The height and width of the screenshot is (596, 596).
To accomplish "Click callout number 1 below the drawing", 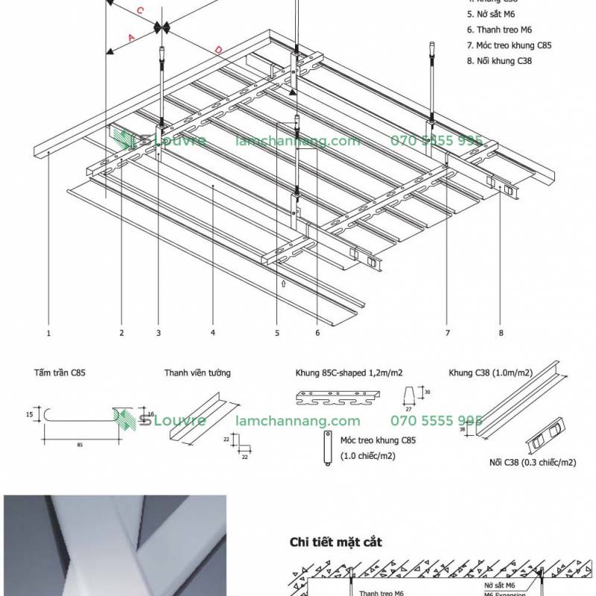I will (x=48, y=333).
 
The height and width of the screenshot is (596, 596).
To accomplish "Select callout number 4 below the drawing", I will (x=212, y=333).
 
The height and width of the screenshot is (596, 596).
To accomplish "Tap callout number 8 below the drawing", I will (x=501, y=333).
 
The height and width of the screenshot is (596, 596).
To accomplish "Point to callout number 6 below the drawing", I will (x=317, y=333).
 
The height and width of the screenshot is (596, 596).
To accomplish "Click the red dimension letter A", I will (x=131, y=37).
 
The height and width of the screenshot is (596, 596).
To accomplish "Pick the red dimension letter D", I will (x=218, y=49).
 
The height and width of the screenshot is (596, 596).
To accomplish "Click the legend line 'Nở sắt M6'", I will (x=494, y=13).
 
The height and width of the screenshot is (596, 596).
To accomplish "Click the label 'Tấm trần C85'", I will (x=59, y=371).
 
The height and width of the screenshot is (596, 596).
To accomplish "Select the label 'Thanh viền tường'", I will (x=197, y=372).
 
